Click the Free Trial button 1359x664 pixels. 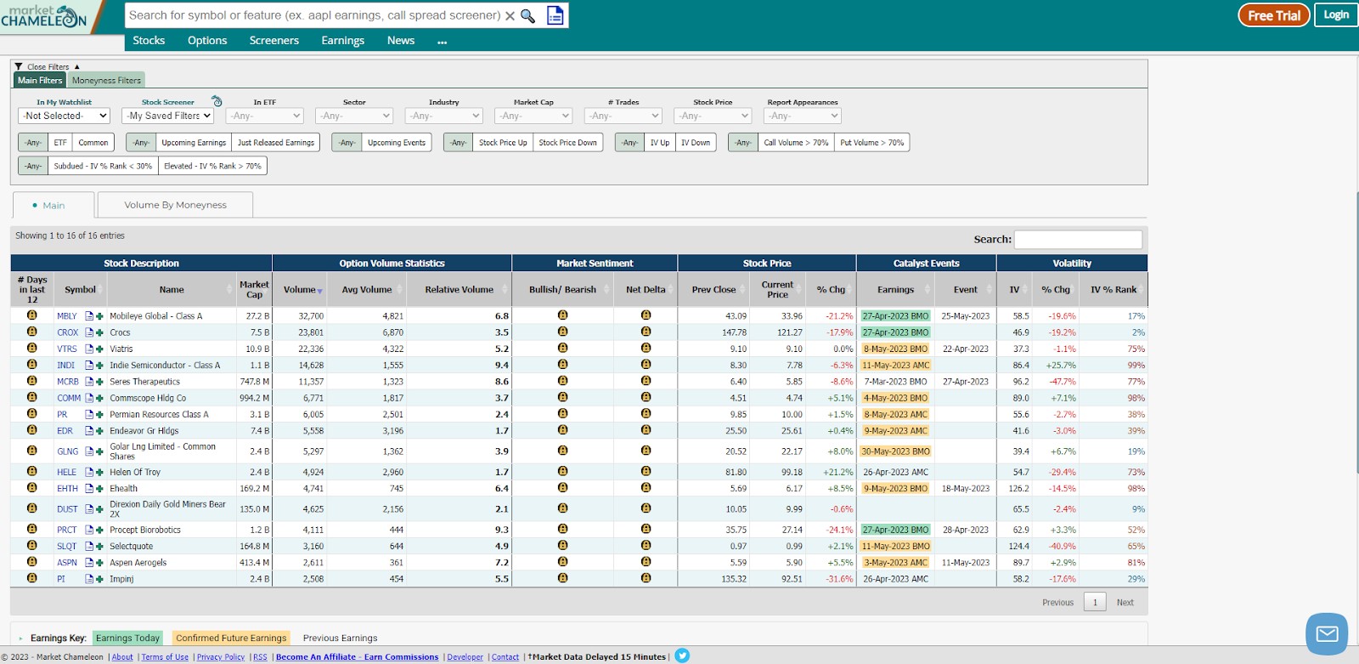[x=1273, y=15]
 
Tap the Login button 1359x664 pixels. [x=1336, y=15]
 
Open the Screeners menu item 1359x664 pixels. [x=273, y=40]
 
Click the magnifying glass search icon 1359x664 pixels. [x=527, y=16]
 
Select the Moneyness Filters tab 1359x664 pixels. [x=106, y=80]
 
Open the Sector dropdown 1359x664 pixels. [x=354, y=116]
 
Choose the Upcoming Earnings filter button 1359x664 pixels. [x=194, y=142]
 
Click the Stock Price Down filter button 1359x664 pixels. [x=567, y=142]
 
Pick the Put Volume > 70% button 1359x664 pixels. [x=871, y=142]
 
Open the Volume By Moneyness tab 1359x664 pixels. [x=175, y=205]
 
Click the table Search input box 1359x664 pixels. [x=1078, y=240]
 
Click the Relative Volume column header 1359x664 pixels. [x=460, y=289]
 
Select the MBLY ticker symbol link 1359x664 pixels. [x=67, y=316]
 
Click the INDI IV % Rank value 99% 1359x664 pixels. [x=1136, y=365]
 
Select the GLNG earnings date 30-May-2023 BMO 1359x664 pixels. [x=895, y=451]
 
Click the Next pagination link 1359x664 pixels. [x=1125, y=602]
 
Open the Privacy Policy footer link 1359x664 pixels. [x=220, y=656]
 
